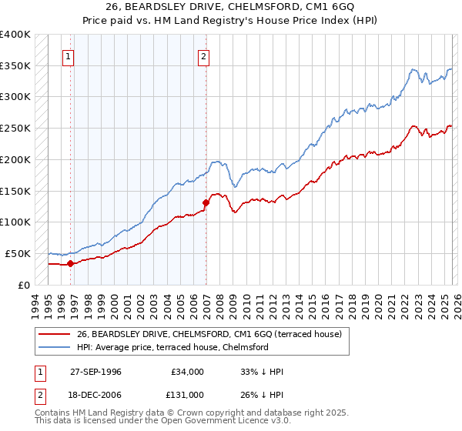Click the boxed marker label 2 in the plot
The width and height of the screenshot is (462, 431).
click(204, 55)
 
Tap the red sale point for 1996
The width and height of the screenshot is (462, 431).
click(70, 263)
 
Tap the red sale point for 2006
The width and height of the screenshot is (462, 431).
click(206, 203)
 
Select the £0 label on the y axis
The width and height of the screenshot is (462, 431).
click(25, 285)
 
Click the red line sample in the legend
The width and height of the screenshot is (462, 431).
click(54, 334)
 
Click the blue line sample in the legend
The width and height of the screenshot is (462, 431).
click(54, 347)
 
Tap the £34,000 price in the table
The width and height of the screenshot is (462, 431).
click(186, 372)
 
